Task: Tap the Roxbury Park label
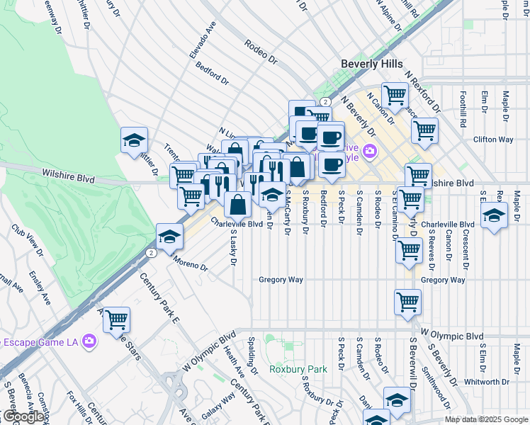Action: [x=298, y=369]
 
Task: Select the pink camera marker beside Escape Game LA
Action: [x=89, y=341]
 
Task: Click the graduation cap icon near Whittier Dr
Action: [x=132, y=140]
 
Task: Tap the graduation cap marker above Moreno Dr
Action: [x=169, y=237]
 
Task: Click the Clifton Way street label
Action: [x=493, y=140]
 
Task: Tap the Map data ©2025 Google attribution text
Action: [x=486, y=419]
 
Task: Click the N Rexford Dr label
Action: [x=422, y=88]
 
